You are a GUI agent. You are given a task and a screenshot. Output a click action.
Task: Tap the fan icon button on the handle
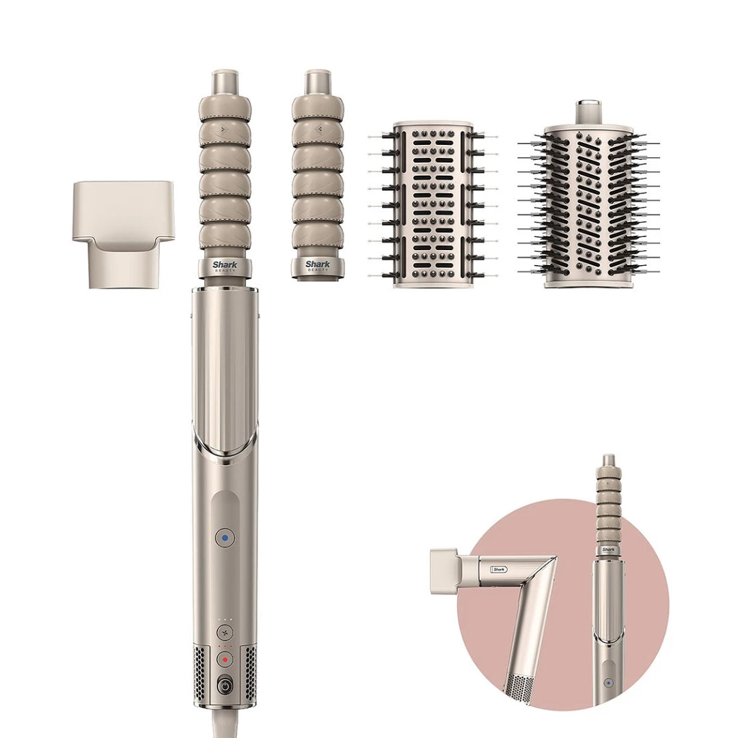pos(225,632)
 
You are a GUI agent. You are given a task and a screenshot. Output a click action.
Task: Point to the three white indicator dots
pos(225,619)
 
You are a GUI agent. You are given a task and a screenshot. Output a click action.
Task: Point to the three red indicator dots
pos(225,646)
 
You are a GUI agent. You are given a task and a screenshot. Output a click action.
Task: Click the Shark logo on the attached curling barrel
pos(225,264)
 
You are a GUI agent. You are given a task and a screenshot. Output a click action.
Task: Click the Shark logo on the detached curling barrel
pos(317,264)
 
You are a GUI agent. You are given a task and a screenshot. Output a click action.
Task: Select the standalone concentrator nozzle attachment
pos(124,232)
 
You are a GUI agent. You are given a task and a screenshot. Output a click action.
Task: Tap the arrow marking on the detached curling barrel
pos(317,128)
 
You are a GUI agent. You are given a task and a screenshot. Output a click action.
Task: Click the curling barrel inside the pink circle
pos(607,502)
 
